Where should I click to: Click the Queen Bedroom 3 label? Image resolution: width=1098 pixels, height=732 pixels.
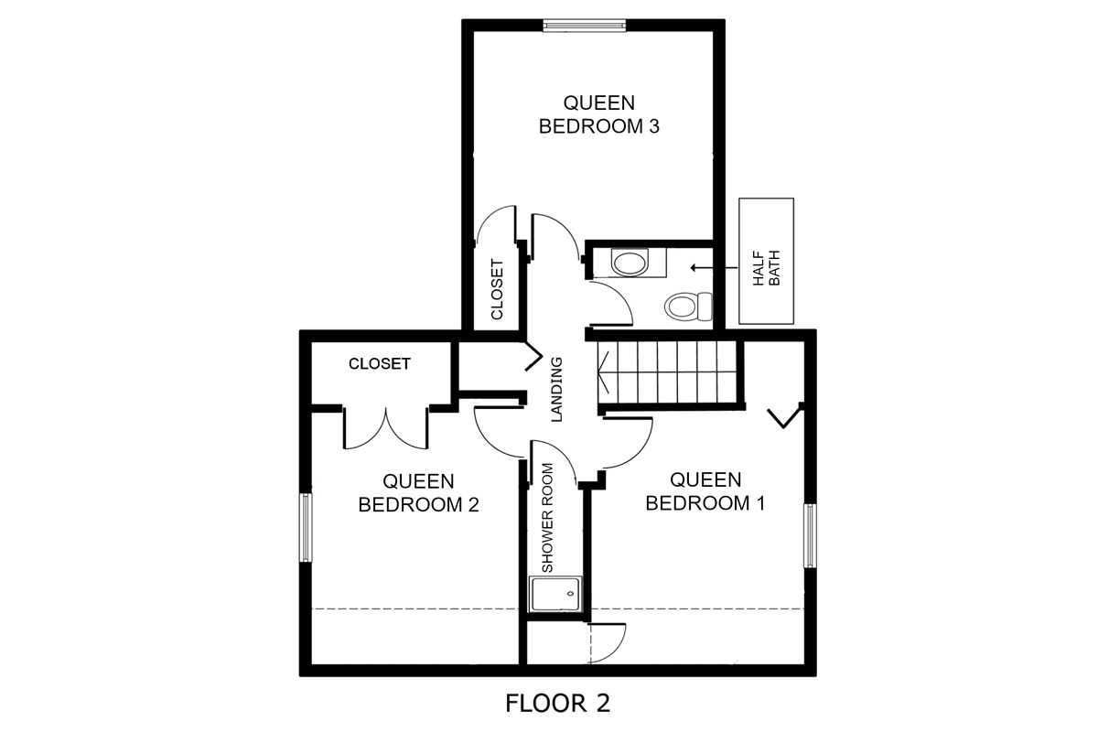coord(599,114)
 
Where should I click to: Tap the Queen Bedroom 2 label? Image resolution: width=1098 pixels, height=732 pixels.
coord(418,493)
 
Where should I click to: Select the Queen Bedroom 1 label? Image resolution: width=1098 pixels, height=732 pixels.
coord(705,491)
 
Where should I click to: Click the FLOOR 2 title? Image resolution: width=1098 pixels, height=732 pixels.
coord(558,704)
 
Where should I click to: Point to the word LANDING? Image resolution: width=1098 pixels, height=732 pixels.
coord(557,389)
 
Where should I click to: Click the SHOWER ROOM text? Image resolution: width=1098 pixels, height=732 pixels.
coord(547,518)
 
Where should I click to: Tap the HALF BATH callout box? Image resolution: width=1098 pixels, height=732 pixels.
coord(766,261)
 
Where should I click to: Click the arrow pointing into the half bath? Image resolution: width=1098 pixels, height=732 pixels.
coord(714,268)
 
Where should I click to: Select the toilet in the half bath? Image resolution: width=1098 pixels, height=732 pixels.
coord(688,307)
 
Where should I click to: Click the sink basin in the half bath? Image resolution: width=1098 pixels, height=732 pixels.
coord(630,263)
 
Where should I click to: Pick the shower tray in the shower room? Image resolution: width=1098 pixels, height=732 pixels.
coord(556,594)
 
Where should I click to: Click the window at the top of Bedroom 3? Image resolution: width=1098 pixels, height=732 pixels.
coord(585,26)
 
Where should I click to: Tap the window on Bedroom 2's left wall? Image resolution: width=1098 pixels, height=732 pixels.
coord(306,528)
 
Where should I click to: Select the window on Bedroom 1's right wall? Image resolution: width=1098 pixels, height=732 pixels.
coord(811,536)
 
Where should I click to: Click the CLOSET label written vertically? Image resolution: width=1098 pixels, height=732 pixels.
coord(497,290)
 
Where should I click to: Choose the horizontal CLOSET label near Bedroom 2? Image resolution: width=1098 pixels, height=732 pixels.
coord(380,363)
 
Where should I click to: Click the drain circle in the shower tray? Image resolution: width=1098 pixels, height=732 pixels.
coord(570,594)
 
